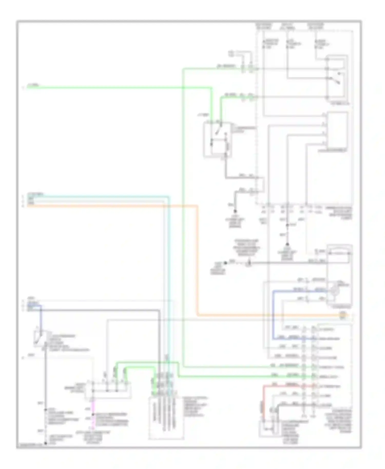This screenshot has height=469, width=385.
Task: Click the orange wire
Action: pos(198,257)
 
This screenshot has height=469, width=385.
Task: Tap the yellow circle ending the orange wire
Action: pos(343,315)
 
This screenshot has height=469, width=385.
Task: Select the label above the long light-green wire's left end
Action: pos(33,85)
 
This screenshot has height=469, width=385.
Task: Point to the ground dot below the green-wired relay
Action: pos(235,211)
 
